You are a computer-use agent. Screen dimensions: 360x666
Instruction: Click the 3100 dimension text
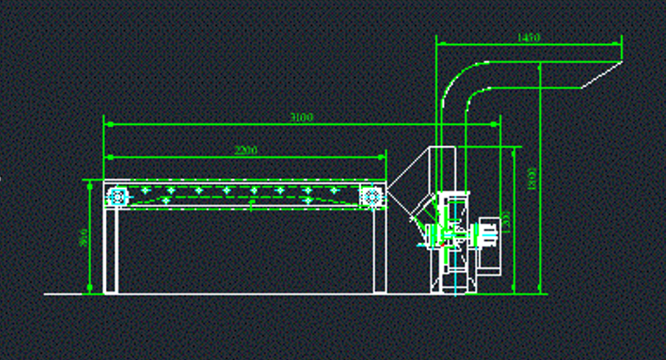point(301,118)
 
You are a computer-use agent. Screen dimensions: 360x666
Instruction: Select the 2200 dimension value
point(246,150)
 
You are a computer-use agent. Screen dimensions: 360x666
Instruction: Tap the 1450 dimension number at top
point(529,37)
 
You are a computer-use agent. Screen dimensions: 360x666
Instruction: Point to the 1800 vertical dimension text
point(532,179)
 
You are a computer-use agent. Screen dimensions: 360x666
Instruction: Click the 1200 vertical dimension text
point(506,220)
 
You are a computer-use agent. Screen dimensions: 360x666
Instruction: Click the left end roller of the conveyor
point(116,196)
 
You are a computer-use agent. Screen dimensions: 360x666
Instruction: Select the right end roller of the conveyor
point(371,196)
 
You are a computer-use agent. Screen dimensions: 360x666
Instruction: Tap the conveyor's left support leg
point(110,250)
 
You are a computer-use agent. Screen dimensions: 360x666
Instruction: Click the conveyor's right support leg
point(379,250)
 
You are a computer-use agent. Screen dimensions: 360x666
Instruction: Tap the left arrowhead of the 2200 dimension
point(107,156)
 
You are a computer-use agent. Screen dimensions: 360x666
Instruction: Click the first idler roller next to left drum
point(145,190)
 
